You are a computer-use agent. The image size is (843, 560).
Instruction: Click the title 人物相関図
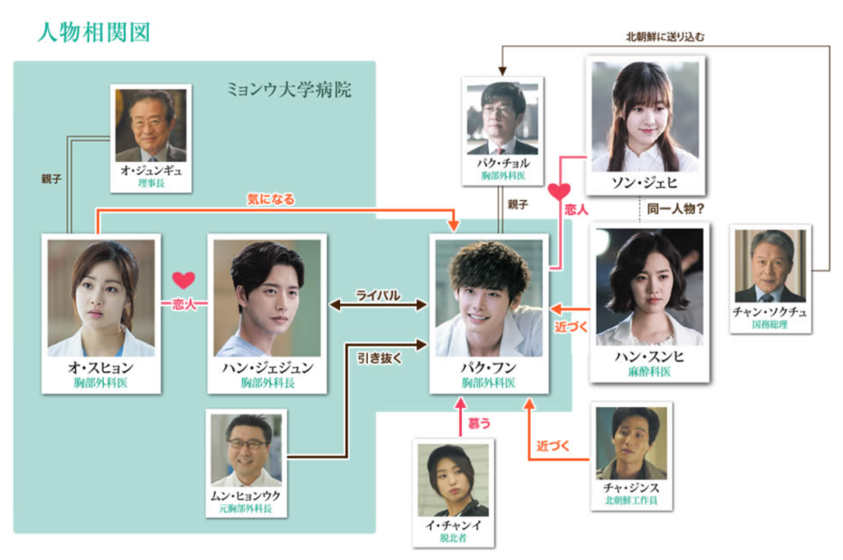[94, 32]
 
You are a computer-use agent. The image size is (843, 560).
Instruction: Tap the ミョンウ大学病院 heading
[289, 89]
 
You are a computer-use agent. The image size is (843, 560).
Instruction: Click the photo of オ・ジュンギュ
[151, 125]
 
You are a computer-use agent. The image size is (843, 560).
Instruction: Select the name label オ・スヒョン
[101, 368]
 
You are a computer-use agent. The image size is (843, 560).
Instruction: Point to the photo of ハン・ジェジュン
[268, 298]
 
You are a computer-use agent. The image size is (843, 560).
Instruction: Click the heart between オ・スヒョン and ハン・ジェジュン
[184, 280]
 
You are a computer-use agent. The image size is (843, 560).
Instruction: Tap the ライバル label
[378, 296]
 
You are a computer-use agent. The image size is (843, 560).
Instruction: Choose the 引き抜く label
[380, 358]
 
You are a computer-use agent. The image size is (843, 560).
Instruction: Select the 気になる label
[271, 199]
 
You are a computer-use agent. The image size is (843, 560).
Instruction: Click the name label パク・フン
[489, 368]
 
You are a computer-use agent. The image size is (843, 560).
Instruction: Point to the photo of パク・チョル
[502, 119]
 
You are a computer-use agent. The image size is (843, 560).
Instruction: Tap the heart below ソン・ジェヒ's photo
[559, 192]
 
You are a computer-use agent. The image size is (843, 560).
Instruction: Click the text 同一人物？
[675, 208]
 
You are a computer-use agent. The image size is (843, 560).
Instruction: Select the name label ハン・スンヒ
[650, 357]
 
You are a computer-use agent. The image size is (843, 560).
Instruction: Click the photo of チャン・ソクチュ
[771, 266]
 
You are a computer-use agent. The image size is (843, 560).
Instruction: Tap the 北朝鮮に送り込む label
[665, 36]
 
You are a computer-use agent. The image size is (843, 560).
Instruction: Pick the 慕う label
[479, 423]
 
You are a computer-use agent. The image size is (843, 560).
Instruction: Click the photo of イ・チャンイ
[454, 480]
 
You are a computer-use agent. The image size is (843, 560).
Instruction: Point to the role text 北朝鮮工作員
[631, 500]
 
